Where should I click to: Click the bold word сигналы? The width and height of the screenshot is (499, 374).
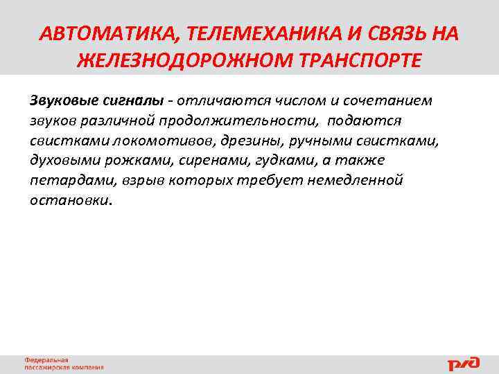pos(134,100)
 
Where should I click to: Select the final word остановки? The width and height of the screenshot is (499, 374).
pos(69,201)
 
